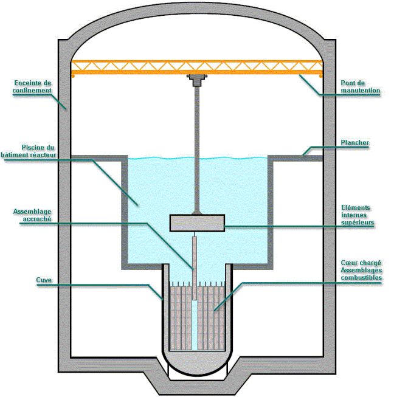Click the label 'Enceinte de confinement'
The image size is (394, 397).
point(32,86)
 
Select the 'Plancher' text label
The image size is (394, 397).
point(355,143)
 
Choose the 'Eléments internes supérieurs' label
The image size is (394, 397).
point(356,216)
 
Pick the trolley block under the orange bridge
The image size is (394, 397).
point(196,78)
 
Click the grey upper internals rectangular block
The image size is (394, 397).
point(197,223)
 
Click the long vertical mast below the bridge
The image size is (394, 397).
point(196,146)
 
